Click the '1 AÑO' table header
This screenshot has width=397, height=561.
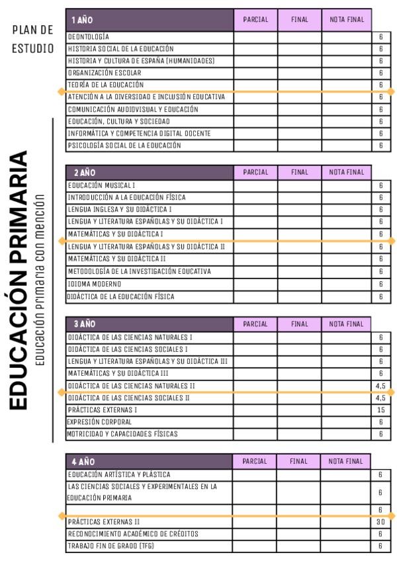point(82,20)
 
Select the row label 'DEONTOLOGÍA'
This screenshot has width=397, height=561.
point(89,37)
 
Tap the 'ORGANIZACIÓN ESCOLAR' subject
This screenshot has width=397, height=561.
point(105,73)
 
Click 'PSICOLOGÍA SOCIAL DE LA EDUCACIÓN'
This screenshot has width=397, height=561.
point(124,146)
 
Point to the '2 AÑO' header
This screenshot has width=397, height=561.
point(83,172)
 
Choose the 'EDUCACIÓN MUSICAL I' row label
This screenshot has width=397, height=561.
point(101,185)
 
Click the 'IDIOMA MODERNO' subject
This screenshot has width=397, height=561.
point(95,284)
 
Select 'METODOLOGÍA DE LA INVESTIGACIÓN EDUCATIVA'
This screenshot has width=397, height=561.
point(139,271)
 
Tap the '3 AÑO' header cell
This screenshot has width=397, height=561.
point(83,324)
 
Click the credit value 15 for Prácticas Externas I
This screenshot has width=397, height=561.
point(380,410)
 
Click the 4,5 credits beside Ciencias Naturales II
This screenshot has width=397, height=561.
point(380,386)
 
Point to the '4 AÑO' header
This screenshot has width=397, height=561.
point(83,461)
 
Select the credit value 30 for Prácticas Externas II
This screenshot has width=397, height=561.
point(380,522)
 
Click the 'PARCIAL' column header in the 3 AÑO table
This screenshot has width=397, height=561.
point(255,324)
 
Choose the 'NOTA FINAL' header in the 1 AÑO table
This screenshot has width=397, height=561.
point(347,20)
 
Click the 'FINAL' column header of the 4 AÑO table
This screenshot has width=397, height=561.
point(299,461)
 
